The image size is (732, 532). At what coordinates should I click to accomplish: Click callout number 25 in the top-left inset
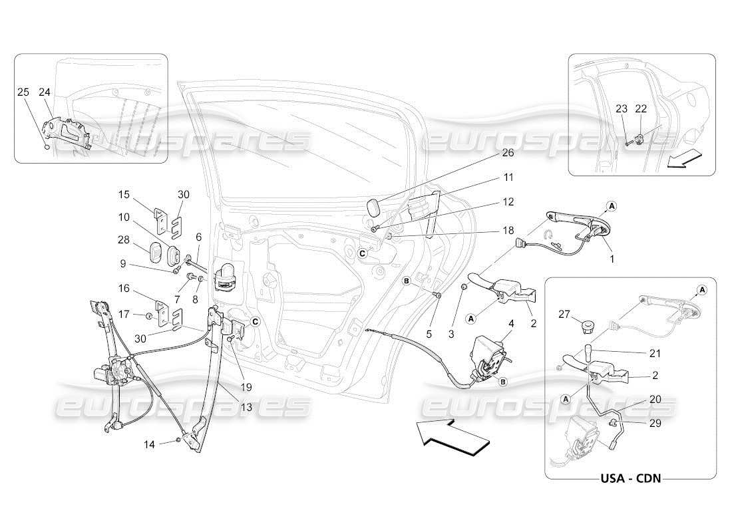coord(23,92)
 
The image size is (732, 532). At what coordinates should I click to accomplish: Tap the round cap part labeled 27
coord(587,325)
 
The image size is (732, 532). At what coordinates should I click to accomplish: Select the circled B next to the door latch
coord(502,382)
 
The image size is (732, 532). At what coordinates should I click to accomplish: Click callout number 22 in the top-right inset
coord(641,109)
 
